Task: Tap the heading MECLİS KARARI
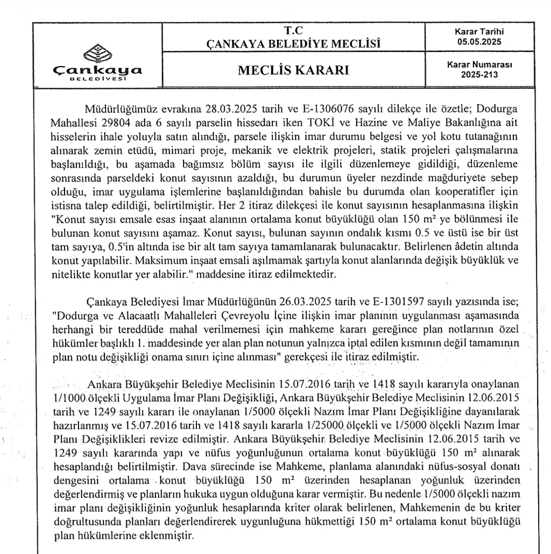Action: (x=293, y=71)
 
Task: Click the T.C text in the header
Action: (x=293, y=31)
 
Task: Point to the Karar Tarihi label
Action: (x=479, y=32)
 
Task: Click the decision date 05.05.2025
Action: (x=479, y=40)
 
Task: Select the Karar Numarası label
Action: (x=479, y=64)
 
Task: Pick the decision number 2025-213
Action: (x=479, y=75)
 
